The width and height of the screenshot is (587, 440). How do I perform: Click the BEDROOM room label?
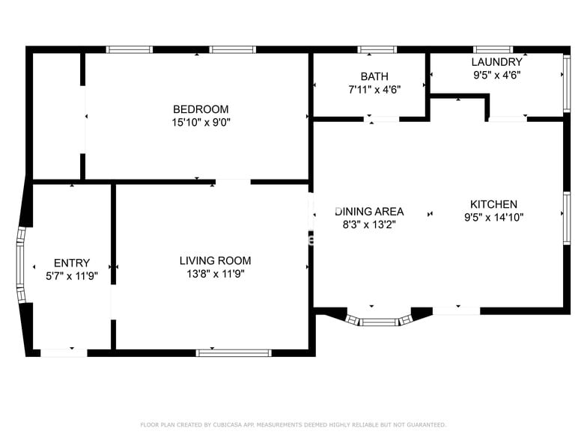(x=201, y=109)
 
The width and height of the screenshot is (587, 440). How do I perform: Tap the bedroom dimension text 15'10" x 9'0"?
(x=201, y=122)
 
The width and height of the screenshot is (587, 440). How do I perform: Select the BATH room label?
(x=374, y=76)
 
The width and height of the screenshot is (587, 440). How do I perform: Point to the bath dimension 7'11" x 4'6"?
(x=374, y=89)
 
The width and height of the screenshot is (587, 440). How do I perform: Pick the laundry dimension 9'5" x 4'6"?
(x=496, y=75)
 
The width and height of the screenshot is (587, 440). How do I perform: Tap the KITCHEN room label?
(x=493, y=204)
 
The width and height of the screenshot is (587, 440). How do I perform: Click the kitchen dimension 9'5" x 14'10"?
(x=493, y=218)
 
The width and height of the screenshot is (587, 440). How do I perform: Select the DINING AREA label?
(x=370, y=211)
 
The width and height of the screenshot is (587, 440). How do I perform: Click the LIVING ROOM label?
(x=215, y=260)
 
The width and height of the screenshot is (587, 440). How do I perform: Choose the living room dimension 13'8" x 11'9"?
(x=215, y=274)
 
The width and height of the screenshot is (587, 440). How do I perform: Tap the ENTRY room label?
(x=72, y=263)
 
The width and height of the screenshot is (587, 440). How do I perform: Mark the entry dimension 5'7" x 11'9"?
(x=72, y=275)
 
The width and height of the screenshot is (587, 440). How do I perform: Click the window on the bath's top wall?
(x=377, y=50)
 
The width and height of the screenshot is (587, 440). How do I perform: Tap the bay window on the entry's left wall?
(x=21, y=266)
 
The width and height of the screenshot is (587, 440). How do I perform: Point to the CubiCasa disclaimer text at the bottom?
(x=293, y=424)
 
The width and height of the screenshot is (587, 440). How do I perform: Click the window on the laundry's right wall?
(x=567, y=74)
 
